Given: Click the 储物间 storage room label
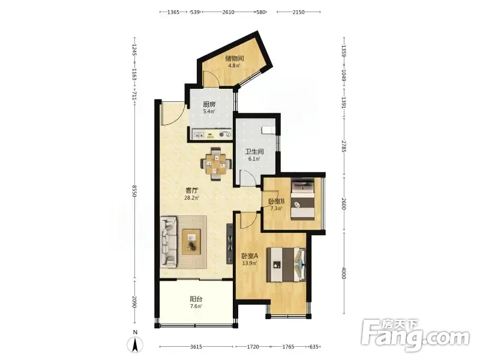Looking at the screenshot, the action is click(234, 58).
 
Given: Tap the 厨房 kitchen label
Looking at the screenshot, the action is click(209, 104).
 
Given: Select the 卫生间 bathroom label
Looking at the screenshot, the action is click(254, 152).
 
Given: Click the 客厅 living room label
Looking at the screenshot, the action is click(192, 190).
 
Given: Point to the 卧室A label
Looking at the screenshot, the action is click(250, 256).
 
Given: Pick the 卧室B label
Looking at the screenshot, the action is click(277, 202).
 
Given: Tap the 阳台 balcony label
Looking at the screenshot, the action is click(196, 299).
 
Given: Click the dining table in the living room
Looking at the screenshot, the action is click(216, 164).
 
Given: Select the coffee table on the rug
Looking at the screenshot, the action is click(191, 242).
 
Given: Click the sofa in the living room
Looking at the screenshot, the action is click(169, 241).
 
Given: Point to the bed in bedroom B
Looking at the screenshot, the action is click(302, 199).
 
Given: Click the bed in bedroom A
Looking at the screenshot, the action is click(286, 265).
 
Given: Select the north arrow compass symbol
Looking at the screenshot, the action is click(135, 344).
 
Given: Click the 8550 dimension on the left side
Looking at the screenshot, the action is click(134, 191).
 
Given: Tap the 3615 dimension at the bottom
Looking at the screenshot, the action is click(196, 347).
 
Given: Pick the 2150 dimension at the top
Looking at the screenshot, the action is click(298, 12).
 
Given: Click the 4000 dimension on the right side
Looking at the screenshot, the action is click(343, 273).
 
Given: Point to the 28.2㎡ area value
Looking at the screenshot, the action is click(191, 198).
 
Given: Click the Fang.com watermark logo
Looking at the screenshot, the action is click(415, 335).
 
